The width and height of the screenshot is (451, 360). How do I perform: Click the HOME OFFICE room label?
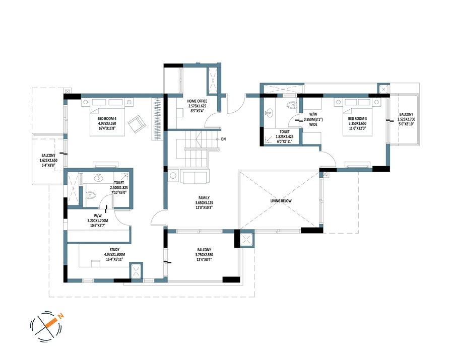pos(197,101)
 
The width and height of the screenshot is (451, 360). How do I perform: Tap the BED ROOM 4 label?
pos(107,119)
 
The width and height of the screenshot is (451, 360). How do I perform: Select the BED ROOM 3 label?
pos(357,118)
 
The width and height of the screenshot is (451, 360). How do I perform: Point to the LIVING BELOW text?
pos(281,201)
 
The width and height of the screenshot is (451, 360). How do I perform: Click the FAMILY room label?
pos(204,198)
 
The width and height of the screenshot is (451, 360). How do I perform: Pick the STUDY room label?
pos(114,249)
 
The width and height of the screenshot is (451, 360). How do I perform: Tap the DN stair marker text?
pos(224,139)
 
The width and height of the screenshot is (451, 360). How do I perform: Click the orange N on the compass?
pos(60,316)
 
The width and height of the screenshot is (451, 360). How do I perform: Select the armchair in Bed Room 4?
pos(137,124)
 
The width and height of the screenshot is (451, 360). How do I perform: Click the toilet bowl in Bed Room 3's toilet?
pos(291,105)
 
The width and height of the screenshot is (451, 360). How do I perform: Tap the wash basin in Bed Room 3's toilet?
pos(269,113)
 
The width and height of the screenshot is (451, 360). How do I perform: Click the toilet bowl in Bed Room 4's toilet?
pos(91,195)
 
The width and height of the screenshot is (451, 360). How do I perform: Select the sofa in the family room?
pos(195,176)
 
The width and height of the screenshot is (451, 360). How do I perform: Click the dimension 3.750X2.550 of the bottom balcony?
pos(204,255)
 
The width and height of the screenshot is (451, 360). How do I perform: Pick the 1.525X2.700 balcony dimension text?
pos(406,119)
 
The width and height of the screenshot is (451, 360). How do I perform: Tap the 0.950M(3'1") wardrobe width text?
pos(313,119)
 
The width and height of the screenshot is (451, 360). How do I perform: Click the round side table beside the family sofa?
pos(173,175)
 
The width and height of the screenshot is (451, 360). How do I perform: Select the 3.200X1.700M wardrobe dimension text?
pos(98,221)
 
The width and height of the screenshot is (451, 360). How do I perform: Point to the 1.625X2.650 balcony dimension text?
pos(48,160)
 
